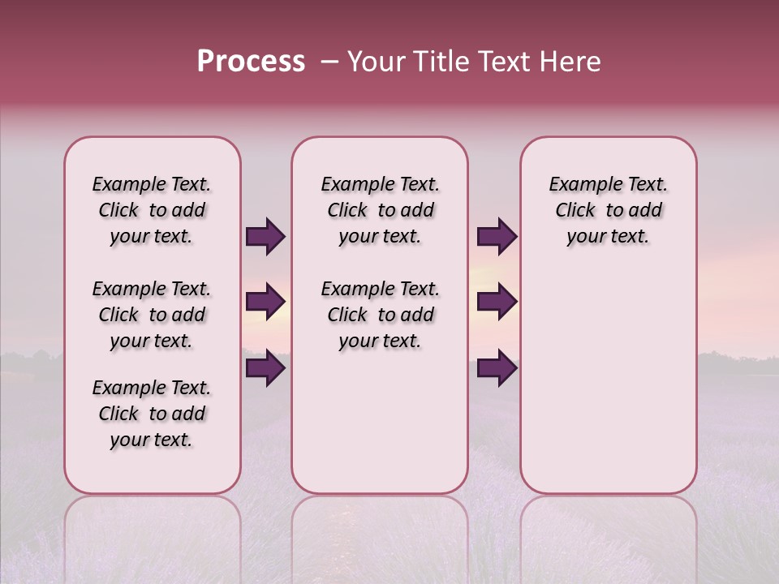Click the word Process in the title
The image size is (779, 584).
pos(251,62)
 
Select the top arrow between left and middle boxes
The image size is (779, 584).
pos(265,236)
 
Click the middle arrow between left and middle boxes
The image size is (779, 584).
pos(265,302)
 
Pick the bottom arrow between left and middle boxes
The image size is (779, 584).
pos(265,368)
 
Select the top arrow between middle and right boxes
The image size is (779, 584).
pos(497,236)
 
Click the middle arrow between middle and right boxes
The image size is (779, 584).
pos(497,302)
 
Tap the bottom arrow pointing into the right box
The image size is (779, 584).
pos(497,368)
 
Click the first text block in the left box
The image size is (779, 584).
pos(152,210)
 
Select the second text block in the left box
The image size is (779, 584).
pos(152,315)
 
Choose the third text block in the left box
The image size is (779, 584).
pos(152,414)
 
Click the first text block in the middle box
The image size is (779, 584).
pos(380,210)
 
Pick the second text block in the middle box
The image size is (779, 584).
pos(380,315)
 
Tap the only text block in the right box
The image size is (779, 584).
pos(608,210)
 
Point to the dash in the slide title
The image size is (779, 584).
pos(329,62)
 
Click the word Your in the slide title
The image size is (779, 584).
pos(376,62)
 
